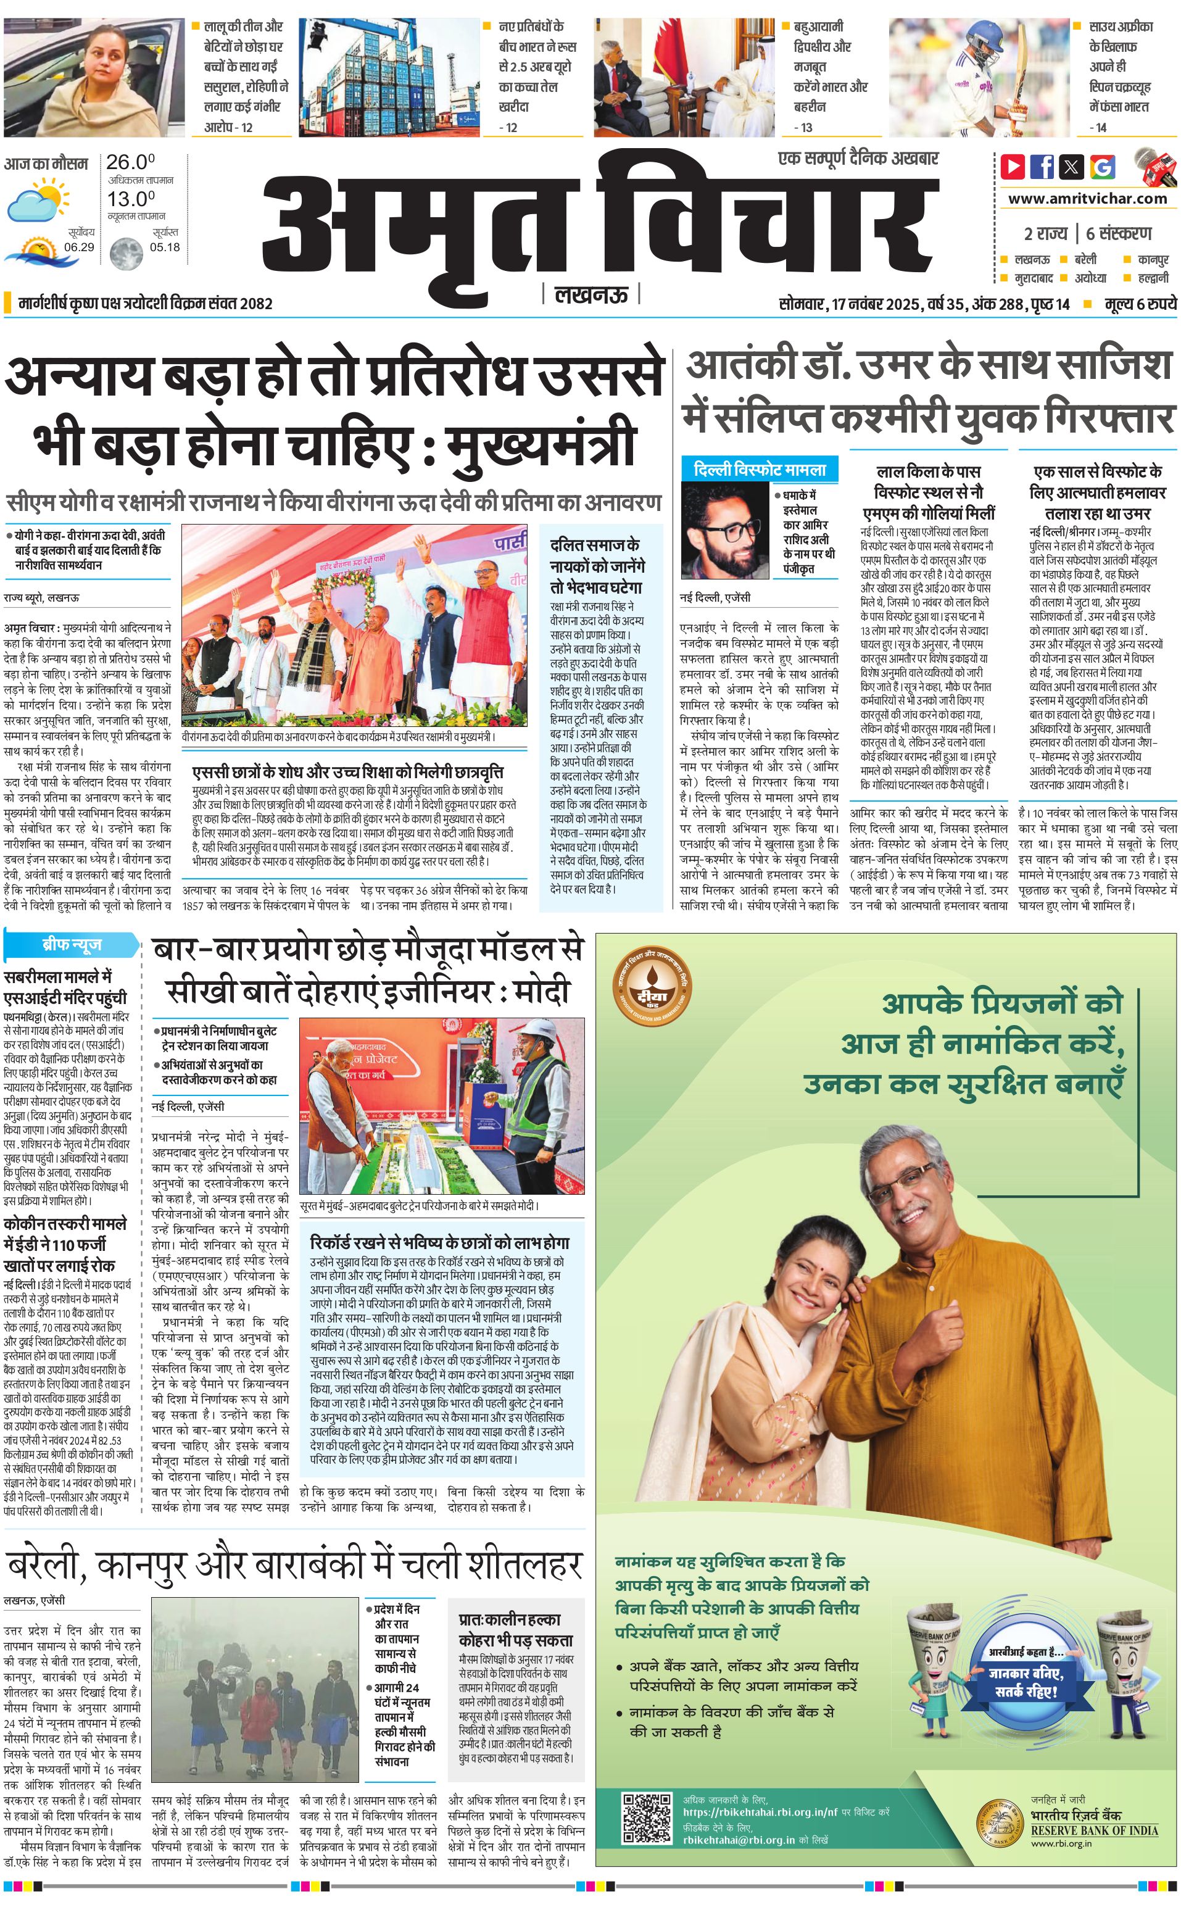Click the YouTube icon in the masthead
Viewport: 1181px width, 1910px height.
[1013, 167]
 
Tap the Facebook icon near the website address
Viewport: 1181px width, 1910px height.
[1042, 167]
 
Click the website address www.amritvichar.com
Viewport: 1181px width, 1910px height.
[1087, 199]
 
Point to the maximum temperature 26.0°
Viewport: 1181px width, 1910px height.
[130, 162]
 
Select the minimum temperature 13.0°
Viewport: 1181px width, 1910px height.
[130, 199]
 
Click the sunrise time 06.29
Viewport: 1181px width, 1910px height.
[79, 247]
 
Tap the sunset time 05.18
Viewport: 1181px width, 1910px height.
[164, 247]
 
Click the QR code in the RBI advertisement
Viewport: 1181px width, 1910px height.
[647, 1818]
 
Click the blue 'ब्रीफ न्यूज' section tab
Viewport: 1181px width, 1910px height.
[71, 944]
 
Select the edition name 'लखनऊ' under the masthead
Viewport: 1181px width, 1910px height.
[591, 294]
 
